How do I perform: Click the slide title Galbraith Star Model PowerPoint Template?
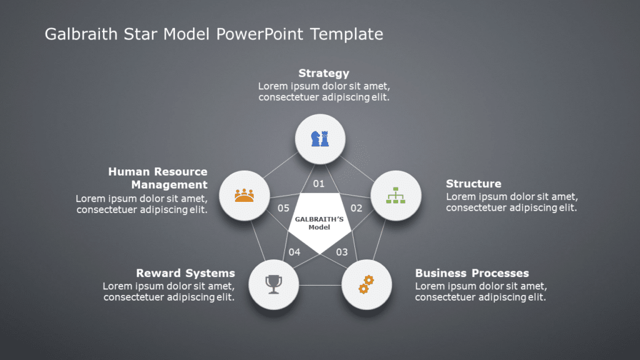[214, 34]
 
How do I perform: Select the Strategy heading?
[324, 73]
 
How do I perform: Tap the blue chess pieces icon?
[319, 139]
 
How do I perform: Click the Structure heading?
[473, 184]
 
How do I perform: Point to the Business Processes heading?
[472, 273]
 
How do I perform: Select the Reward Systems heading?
[186, 273]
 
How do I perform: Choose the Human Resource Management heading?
[157, 178]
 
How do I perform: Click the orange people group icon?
[244, 196]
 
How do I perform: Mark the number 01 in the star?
[319, 184]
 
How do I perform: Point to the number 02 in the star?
[356, 208]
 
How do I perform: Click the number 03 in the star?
[342, 252]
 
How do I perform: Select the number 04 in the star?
[294, 252]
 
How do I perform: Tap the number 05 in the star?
[283, 208]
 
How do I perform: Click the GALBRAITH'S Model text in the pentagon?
[319, 223]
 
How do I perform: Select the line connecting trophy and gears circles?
[320, 286]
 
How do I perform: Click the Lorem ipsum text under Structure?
[511, 202]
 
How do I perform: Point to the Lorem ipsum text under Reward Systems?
[169, 292]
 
